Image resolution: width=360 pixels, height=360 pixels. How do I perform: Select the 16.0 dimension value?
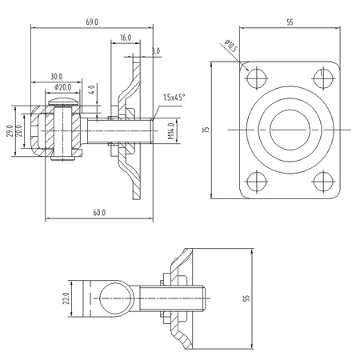tap(126, 38)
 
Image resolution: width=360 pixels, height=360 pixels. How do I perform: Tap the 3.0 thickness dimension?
tap(154, 51)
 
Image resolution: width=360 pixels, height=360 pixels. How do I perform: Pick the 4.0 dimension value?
tap(93, 90)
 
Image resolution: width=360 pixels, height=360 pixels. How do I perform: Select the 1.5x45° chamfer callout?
tap(174, 97)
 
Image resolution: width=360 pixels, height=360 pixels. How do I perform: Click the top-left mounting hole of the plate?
tap(256, 78)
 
